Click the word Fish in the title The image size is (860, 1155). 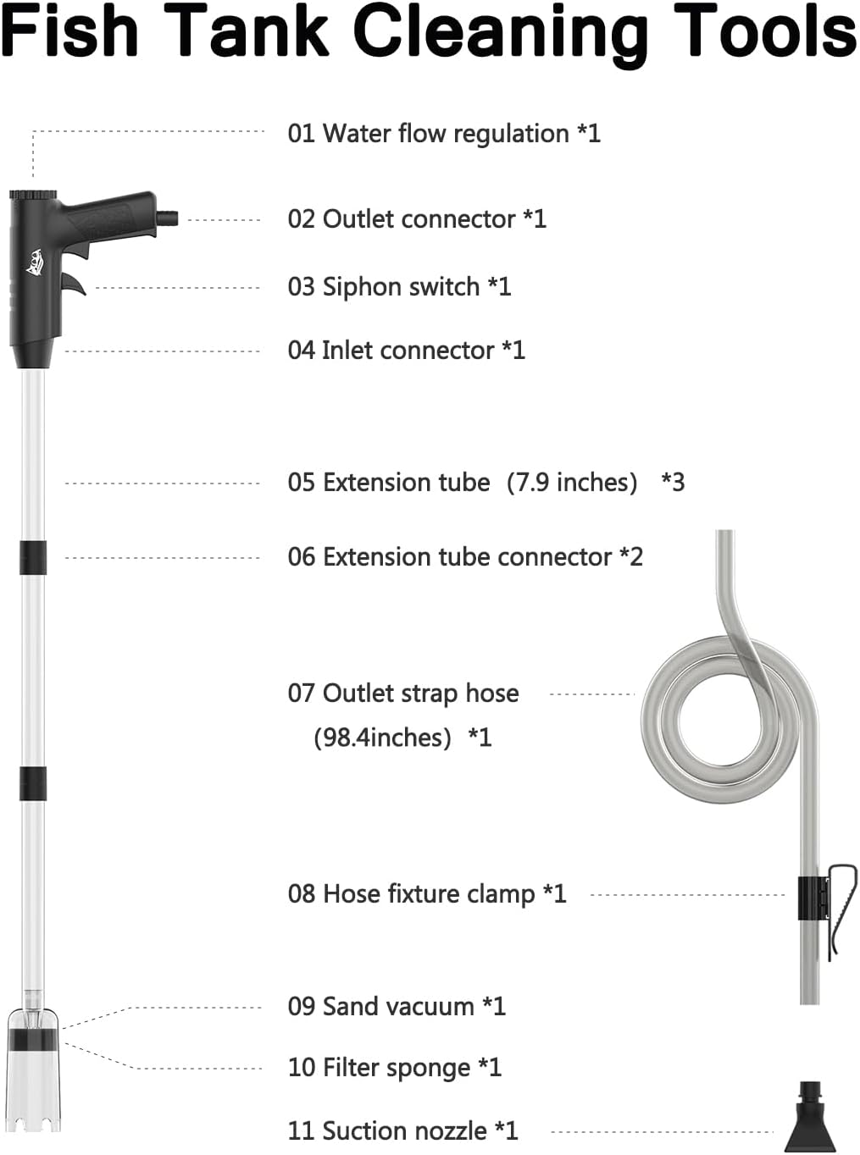pos(69,30)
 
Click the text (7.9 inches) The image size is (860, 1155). pos(572,483)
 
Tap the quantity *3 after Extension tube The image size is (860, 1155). pos(673,482)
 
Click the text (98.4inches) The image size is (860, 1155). pos(383,738)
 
